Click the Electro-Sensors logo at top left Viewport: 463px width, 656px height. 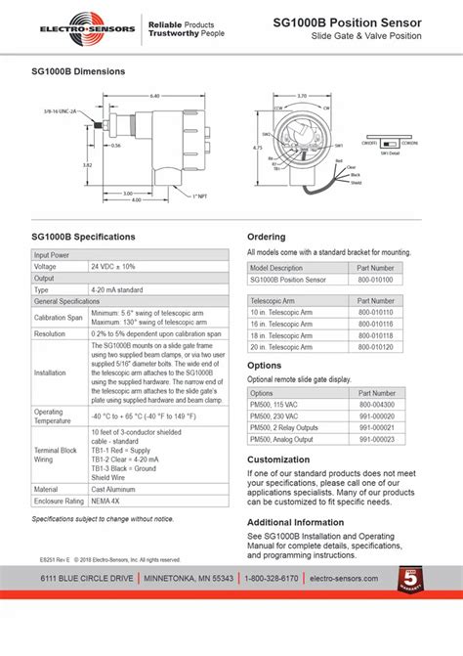pos(76,25)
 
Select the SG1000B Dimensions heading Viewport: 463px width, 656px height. pos(78,72)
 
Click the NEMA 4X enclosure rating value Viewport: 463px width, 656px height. pos(106,501)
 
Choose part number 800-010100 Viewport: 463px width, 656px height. pos(375,279)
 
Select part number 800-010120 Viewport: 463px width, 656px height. pos(375,346)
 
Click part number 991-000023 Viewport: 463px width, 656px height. pos(375,438)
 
